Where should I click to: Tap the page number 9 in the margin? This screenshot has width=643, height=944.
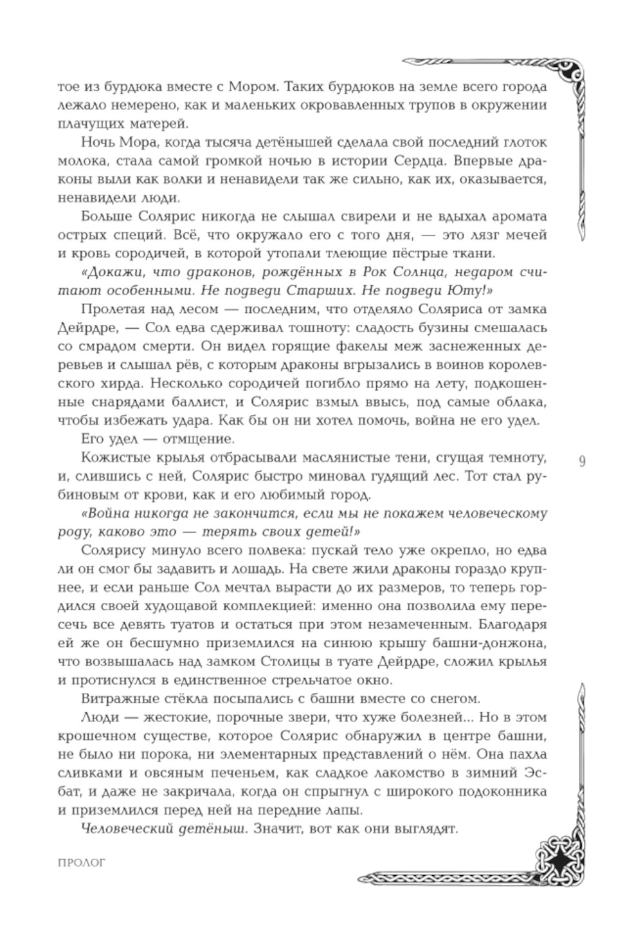click(582, 462)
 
